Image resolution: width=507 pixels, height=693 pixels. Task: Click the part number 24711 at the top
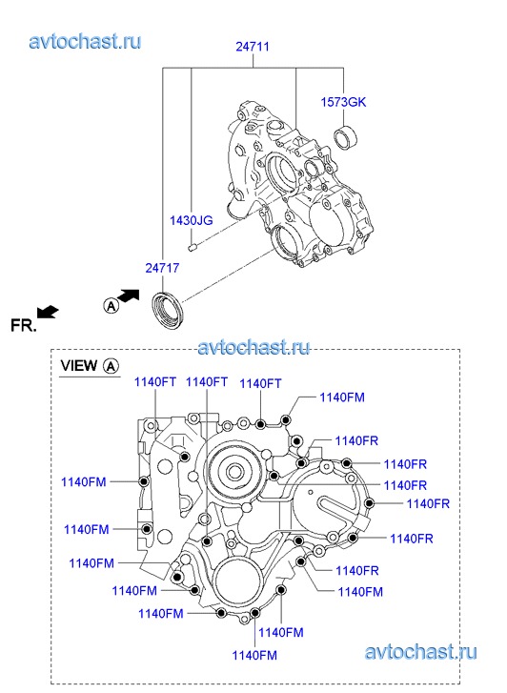click(253, 47)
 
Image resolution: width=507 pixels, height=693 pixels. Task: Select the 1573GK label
click(343, 102)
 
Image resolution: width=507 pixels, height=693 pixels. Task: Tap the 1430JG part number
click(192, 220)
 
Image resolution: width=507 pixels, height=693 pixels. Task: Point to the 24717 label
click(162, 268)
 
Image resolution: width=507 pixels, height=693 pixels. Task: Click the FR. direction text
click(24, 326)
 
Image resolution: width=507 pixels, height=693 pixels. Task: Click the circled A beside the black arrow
click(111, 305)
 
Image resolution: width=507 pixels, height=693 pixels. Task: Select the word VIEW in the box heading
click(79, 365)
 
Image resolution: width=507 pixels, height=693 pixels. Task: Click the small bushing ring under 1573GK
click(346, 136)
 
